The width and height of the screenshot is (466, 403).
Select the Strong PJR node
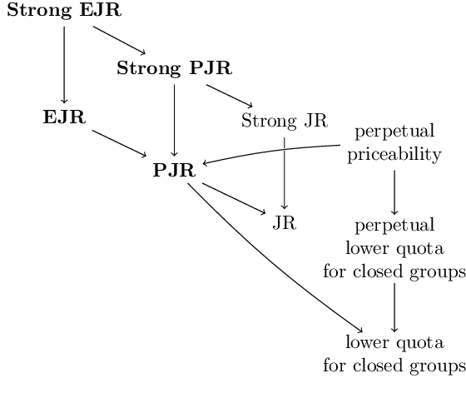[174, 67]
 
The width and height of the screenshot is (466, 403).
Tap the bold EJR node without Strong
[64, 117]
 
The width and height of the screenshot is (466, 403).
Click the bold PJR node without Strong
[174, 171]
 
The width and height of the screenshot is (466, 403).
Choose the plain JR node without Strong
[285, 222]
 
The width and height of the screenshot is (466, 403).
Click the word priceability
[394, 154]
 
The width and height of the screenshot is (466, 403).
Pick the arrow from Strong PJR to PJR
[174, 119]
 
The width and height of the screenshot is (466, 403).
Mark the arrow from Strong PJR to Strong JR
[229, 94]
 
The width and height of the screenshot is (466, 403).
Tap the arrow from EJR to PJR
[119, 142]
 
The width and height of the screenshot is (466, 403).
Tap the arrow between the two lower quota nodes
[394, 307]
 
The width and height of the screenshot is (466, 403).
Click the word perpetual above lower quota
[394, 226]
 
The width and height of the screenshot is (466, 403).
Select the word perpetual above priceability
[394, 132]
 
